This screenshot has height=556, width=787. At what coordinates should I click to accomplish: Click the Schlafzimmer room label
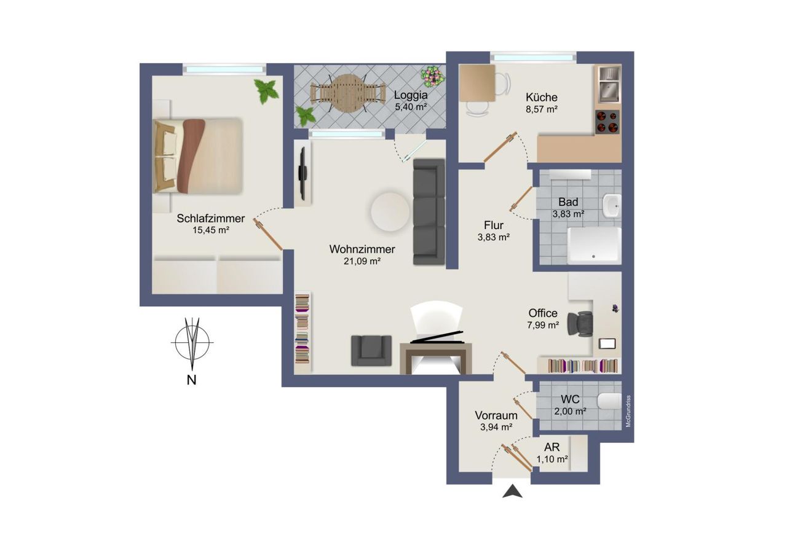pyautogui.click(x=210, y=218)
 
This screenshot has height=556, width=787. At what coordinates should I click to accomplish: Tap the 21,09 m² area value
pyautogui.click(x=362, y=261)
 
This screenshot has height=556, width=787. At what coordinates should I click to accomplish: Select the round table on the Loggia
pyautogui.click(x=346, y=93)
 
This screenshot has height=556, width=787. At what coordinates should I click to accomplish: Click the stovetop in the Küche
pyautogui.click(x=607, y=122)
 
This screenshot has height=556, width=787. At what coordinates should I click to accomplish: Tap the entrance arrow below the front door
pyautogui.click(x=512, y=491)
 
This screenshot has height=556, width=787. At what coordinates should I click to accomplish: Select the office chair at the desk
pyautogui.click(x=580, y=324)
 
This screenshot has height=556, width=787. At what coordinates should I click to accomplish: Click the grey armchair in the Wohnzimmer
pyautogui.click(x=371, y=350)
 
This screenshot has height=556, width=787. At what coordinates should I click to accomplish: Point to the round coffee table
pyautogui.click(x=390, y=212)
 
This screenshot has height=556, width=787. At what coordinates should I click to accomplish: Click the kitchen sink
pyautogui.click(x=609, y=84)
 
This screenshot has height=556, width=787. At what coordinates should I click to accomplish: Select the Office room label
pyautogui.click(x=543, y=313)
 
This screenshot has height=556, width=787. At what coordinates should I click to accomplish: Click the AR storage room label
pyautogui.click(x=552, y=447)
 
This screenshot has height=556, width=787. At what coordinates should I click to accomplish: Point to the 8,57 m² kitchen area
pyautogui.click(x=542, y=109)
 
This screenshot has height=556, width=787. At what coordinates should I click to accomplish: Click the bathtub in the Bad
pyautogui.click(x=594, y=246)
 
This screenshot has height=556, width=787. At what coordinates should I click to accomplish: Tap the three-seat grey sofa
pyautogui.click(x=429, y=212)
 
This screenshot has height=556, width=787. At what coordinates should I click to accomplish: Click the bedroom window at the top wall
pyautogui.click(x=224, y=69)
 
